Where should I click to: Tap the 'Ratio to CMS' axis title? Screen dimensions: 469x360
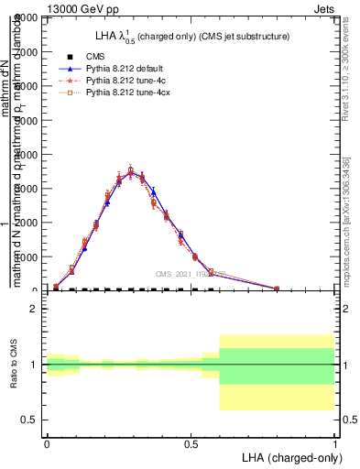click(x=16, y=365)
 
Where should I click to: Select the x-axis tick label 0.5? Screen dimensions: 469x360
click(x=191, y=443)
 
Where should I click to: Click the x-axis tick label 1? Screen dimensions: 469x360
click(x=335, y=443)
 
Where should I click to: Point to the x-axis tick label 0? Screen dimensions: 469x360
click(x=47, y=443)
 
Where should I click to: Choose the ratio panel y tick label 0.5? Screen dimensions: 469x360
click(x=29, y=420)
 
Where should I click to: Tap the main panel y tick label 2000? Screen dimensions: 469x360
click(x=27, y=223)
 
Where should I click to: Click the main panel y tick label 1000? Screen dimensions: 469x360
click(x=27, y=256)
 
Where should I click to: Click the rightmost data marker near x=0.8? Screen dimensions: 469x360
click(x=277, y=289)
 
